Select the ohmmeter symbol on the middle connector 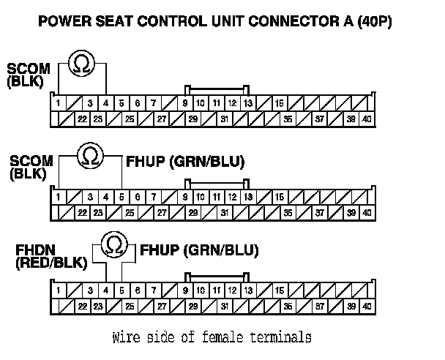click(x=90, y=156)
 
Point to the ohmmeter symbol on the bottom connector click(x=113, y=244)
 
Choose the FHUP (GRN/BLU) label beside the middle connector click(x=186, y=161)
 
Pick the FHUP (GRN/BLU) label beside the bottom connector click(x=199, y=250)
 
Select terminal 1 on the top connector click(x=58, y=103)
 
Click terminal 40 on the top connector click(x=367, y=119)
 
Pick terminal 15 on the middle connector click(x=280, y=197)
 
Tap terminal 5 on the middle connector click(x=121, y=197)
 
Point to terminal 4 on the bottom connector click(x=105, y=290)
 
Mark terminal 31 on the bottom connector click(x=225, y=307)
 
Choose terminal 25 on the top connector click(x=129, y=119)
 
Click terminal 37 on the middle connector click(x=320, y=213)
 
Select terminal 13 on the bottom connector click(x=248, y=290)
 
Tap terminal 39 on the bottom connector click(x=351, y=307)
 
